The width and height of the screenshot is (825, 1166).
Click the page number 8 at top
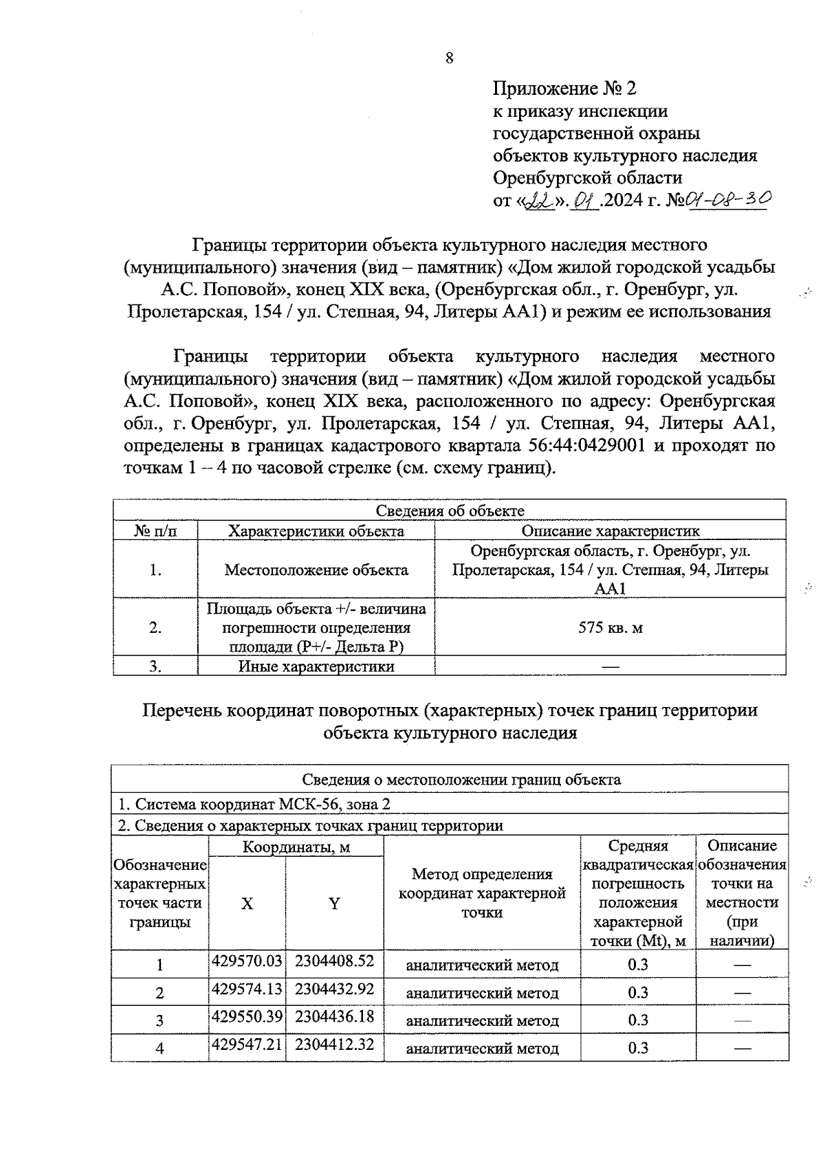pyautogui.click(x=450, y=58)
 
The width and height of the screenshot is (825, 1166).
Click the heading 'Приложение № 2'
pyautogui.click(x=564, y=88)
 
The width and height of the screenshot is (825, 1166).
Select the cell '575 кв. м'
pyautogui.click(x=610, y=627)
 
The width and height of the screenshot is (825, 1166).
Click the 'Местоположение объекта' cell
pyautogui.click(x=316, y=570)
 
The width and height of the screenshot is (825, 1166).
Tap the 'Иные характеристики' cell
pyautogui.click(x=316, y=666)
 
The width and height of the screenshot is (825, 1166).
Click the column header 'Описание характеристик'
pyautogui.click(x=610, y=530)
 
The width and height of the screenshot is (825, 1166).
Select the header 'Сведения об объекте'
pyautogui.click(x=450, y=511)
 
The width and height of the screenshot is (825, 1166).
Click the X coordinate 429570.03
pyautogui.click(x=247, y=961)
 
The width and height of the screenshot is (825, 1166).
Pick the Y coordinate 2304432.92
pyautogui.click(x=334, y=989)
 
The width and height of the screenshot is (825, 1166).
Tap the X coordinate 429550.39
pyautogui.click(x=247, y=1016)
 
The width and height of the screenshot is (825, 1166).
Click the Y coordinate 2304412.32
pyautogui.click(x=334, y=1044)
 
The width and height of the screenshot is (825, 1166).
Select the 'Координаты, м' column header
pyautogui.click(x=296, y=847)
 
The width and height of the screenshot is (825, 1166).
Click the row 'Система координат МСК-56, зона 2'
pyautogui.click(x=254, y=804)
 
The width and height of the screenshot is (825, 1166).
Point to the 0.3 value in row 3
pyautogui.click(x=638, y=1020)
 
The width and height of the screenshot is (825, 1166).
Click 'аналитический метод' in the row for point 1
pyautogui.click(x=482, y=965)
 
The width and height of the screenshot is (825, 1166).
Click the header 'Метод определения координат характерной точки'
pyautogui.click(x=482, y=893)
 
